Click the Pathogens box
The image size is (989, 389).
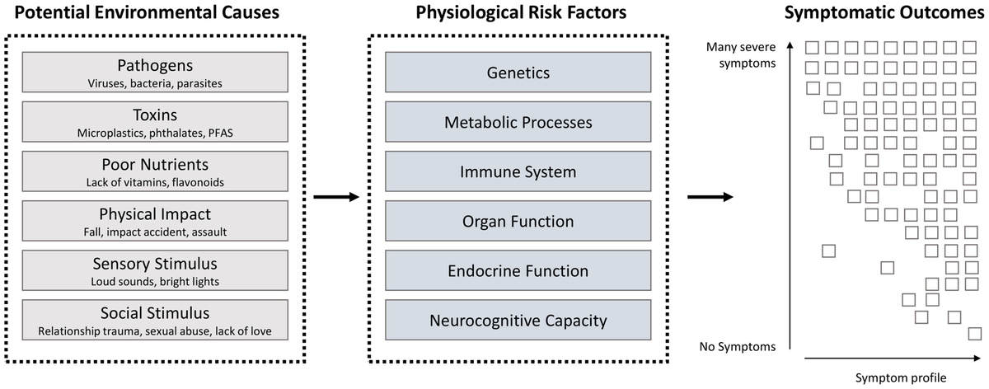pyautogui.click(x=156, y=73)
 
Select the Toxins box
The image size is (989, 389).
pyautogui.click(x=156, y=122)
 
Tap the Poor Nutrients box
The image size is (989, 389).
pyautogui.click(x=156, y=171)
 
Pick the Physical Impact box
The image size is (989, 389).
pyautogui.click(x=156, y=221)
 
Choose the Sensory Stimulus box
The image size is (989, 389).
pyautogui.click(x=156, y=270)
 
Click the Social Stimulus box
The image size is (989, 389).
pyautogui.click(x=156, y=320)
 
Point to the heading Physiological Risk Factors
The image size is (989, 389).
pyautogui.click(x=508, y=13)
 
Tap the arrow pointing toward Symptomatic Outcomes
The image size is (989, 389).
pyautogui.click(x=710, y=197)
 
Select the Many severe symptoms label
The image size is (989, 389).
pyautogui.click(x=741, y=54)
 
